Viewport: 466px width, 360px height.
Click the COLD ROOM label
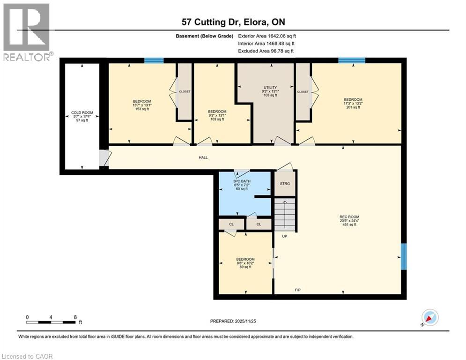coord(82,112)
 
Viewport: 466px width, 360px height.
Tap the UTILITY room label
coord(270,88)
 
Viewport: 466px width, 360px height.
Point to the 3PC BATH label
coord(242,181)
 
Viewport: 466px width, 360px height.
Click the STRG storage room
coord(285,184)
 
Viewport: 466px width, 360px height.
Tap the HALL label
coord(203,157)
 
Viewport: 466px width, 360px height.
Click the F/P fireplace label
coord(298,290)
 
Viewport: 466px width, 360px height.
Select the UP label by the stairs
coord(285,236)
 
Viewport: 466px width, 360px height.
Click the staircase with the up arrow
coord(285,214)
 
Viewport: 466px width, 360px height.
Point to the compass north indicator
coord(430,318)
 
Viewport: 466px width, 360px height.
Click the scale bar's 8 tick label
coord(75,317)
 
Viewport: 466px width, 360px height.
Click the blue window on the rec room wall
coord(404,256)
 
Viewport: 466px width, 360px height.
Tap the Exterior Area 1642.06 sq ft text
coord(267,36)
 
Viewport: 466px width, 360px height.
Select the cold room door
coord(104,157)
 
